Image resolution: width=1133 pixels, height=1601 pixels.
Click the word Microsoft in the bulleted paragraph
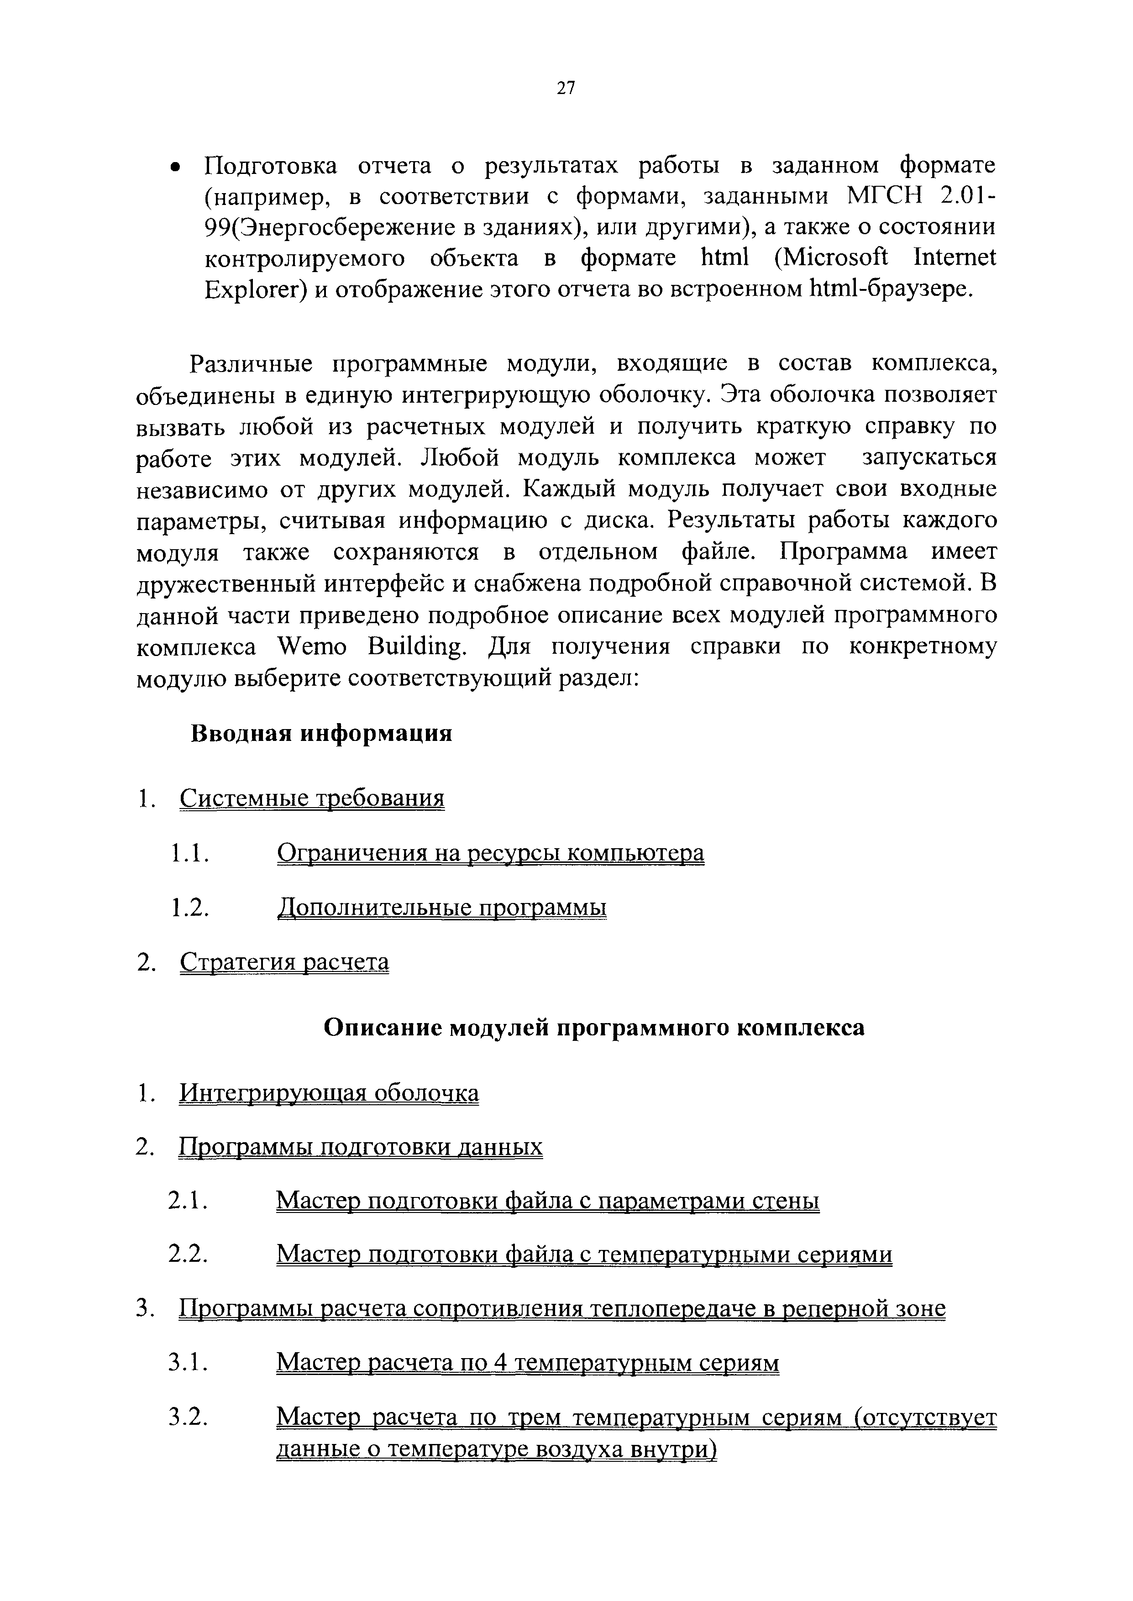831,258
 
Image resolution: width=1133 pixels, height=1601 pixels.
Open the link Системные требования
311,798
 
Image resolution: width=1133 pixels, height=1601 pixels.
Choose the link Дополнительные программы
441,907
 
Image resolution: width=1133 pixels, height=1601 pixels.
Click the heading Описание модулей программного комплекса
594,1028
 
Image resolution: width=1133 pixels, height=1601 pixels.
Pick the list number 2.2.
189,1255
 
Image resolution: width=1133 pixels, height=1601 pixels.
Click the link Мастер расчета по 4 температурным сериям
527,1362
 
